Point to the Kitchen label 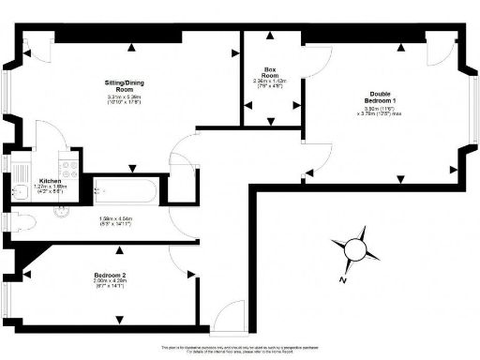pos(51,181)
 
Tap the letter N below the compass pos(343,279)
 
